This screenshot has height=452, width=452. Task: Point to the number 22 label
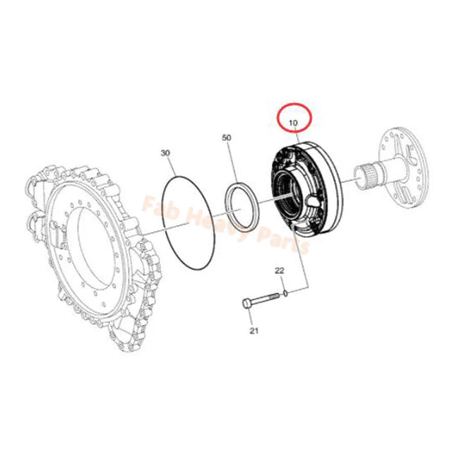(x=280, y=270)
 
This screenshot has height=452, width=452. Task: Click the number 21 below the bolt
(x=254, y=329)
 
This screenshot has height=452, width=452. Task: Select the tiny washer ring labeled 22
(x=284, y=290)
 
